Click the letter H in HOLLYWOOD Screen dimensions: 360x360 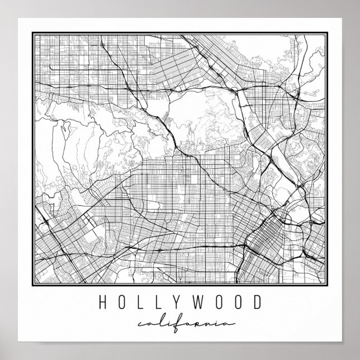coord(103,303)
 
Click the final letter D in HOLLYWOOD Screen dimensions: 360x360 coord(256,303)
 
